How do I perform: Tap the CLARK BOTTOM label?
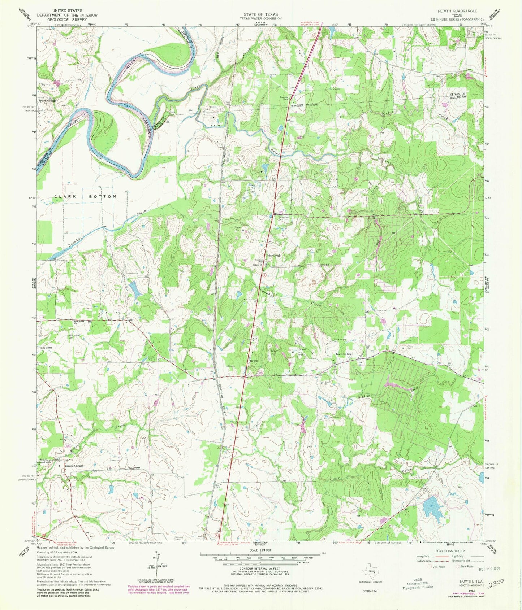pos(85,197)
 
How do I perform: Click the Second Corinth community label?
pos(74,466)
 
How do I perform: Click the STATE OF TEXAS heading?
pos(260,14)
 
